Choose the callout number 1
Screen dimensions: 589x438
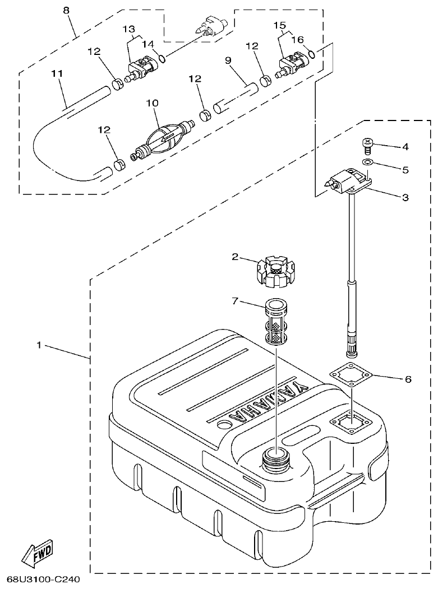(39, 346)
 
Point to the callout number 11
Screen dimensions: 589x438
(57, 73)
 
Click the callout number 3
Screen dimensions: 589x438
(405, 197)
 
